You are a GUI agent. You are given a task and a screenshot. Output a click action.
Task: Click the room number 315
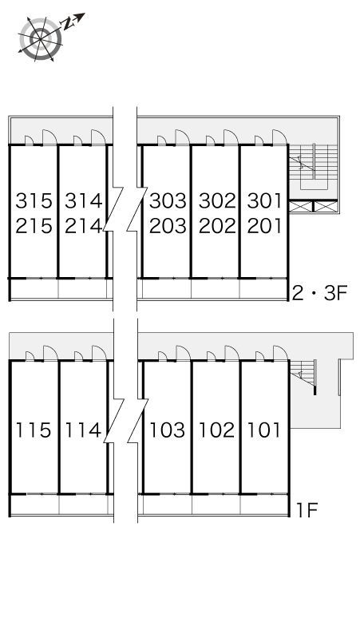point(34,200)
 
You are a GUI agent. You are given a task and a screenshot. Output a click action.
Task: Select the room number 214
point(84,226)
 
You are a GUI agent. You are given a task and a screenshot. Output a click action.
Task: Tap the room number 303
point(168,200)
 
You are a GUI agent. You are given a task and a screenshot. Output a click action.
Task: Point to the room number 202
point(217,226)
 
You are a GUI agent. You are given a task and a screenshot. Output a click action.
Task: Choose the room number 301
point(265,200)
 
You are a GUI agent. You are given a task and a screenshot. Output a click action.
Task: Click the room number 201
point(265,226)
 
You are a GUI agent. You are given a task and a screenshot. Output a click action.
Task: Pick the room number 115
point(34,430)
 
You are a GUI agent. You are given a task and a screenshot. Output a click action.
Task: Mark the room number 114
point(83,430)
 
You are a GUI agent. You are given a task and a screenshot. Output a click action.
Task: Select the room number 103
point(167,430)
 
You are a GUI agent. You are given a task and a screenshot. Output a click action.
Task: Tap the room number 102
point(216,430)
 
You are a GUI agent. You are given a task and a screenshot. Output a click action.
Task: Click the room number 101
point(264,430)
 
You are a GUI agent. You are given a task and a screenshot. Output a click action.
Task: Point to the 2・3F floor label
point(319,293)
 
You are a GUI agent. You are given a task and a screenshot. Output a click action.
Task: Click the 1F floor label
point(307,511)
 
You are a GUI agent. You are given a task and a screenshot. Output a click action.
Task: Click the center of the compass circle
point(41,38)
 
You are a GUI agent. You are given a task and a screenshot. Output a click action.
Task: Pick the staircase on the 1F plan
point(303,374)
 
